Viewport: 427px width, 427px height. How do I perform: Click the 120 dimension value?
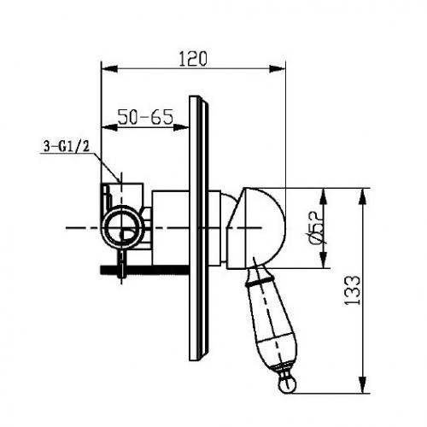tap(193, 59)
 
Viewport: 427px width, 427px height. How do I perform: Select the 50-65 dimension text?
tap(145, 117)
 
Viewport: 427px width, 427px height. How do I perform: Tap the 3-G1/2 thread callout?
tap(67, 147)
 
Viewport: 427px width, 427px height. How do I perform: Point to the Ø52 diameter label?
tap(316, 228)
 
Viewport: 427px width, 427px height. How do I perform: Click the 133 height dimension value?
tap(352, 290)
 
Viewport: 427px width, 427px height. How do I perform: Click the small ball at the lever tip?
tap(287, 385)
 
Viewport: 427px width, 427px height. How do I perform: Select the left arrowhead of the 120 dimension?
tap(109, 69)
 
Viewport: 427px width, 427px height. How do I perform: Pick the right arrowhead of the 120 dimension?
tap(277, 69)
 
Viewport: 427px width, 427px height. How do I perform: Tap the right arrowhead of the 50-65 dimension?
tap(181, 127)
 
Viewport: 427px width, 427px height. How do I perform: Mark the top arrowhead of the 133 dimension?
tap(362, 196)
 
